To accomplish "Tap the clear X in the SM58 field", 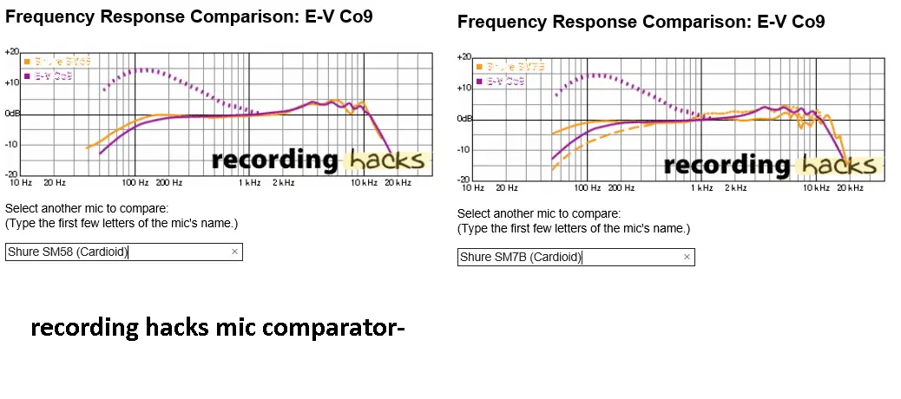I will point(234,252).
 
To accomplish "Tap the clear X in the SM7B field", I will point(687,257).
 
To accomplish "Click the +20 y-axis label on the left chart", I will point(12,52).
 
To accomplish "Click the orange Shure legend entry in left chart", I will point(56,62).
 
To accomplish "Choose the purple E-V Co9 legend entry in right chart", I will point(503,81).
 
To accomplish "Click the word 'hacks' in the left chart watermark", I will point(386,160).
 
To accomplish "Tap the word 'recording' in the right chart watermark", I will point(727,165).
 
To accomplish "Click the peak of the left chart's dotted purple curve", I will point(144,69).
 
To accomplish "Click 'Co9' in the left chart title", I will point(356,16).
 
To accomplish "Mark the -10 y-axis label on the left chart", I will point(12,145).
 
